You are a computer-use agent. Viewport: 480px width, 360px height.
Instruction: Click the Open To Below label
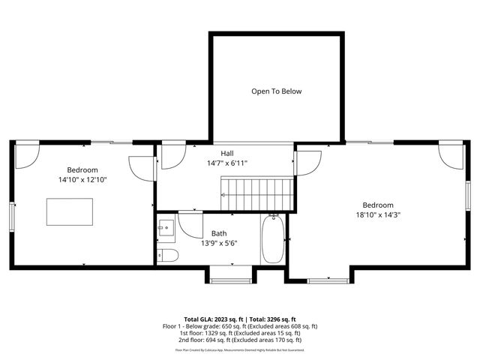(x=276, y=91)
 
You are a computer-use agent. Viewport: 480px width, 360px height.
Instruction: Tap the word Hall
(x=226, y=153)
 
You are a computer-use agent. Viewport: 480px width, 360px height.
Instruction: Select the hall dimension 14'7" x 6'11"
(x=226, y=163)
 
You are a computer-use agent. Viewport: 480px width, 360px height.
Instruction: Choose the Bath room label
(x=219, y=233)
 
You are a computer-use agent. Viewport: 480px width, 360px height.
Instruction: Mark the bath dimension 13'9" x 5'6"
(x=219, y=243)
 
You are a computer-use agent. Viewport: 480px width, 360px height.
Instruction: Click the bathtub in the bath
(x=273, y=238)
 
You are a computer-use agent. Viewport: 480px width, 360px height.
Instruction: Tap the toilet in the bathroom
(x=168, y=256)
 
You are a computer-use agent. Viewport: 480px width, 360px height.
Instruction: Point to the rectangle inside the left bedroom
(x=70, y=211)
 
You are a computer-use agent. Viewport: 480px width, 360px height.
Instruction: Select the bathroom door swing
(x=190, y=223)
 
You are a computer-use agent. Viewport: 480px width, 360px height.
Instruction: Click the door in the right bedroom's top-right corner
(x=451, y=156)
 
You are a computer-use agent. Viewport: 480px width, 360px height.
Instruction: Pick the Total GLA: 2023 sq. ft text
(x=211, y=319)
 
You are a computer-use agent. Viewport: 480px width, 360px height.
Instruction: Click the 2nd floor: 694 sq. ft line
(x=239, y=341)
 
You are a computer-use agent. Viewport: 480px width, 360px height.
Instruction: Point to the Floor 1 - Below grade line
(x=239, y=326)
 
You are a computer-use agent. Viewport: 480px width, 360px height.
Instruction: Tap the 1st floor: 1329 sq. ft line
(x=239, y=334)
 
